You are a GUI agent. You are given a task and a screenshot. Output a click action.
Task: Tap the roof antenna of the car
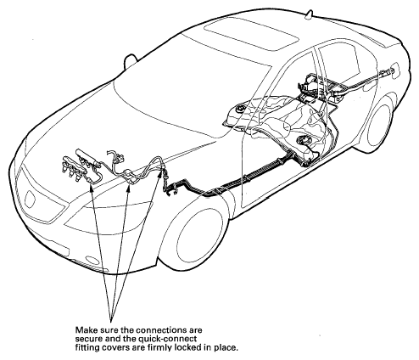310,15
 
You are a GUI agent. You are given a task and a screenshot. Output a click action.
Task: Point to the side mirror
131,61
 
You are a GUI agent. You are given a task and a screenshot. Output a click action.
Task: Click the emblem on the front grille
30,198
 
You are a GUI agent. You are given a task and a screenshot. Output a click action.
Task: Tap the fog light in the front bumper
92,260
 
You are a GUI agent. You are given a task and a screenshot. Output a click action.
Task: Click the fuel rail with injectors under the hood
81,166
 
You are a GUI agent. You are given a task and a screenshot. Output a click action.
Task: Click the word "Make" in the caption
84,330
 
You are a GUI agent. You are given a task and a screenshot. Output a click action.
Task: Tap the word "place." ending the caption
226,347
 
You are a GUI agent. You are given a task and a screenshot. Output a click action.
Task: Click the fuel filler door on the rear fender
395,71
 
